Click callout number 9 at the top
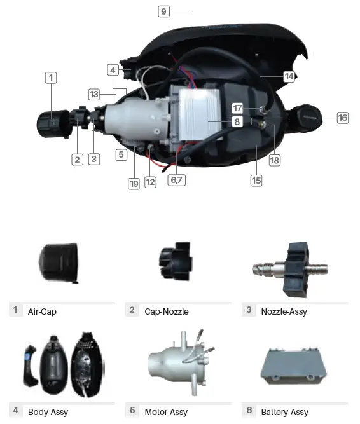(x=164, y=11)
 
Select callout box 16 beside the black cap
(x=343, y=118)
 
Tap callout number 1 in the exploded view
(x=52, y=78)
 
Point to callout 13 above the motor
(x=94, y=94)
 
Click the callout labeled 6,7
(x=176, y=180)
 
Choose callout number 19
(x=133, y=183)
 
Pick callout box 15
(x=256, y=181)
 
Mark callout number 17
(x=237, y=107)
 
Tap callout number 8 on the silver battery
(x=236, y=121)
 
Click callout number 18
(x=275, y=161)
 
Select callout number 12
(x=151, y=182)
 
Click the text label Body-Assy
(x=48, y=412)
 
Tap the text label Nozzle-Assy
(x=286, y=311)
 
